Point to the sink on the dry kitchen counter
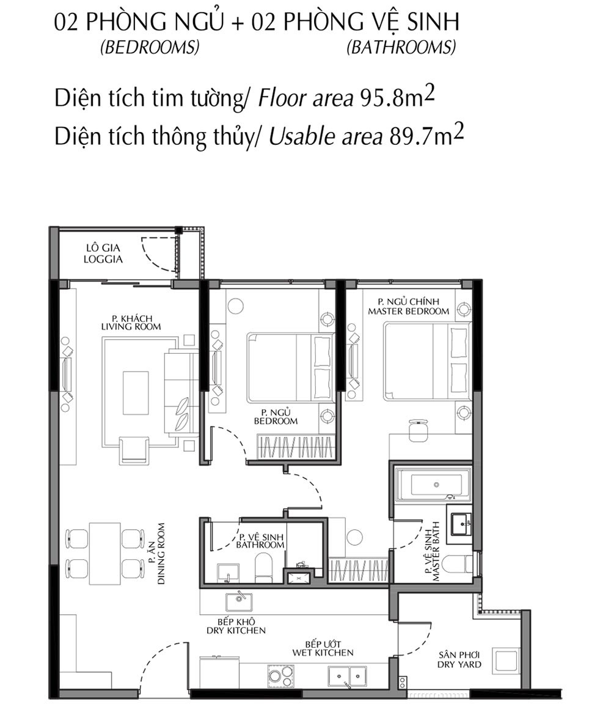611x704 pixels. pyautogui.click(x=240, y=602)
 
